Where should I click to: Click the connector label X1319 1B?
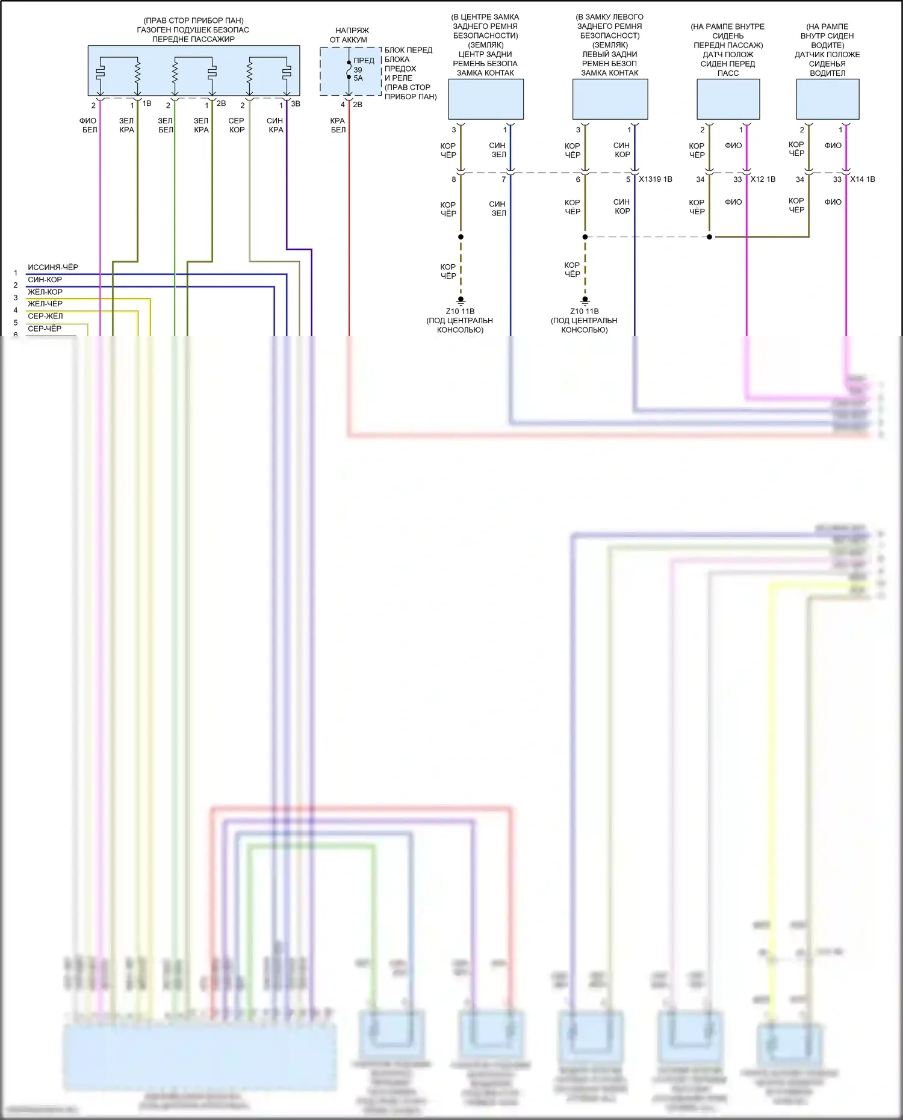click(656, 179)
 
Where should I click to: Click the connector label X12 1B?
click(763, 179)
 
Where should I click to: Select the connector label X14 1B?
click(862, 179)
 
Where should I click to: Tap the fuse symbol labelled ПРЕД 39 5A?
click(349, 70)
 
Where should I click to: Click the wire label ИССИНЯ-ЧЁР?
click(53, 267)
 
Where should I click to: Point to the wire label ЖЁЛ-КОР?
click(45, 292)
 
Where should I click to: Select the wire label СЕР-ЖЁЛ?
click(45, 316)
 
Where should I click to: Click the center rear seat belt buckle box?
click(486, 99)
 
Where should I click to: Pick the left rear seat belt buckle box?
click(610, 99)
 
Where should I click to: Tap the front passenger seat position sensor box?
click(728, 99)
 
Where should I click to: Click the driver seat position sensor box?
click(827, 99)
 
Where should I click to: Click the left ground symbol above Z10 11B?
click(461, 300)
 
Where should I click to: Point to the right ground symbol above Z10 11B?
click(585, 300)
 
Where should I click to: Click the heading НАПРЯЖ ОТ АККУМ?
click(349, 35)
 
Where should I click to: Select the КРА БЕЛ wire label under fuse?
click(338, 125)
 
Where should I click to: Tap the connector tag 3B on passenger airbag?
click(296, 104)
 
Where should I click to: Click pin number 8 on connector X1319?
click(454, 179)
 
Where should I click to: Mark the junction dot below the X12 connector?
click(709, 237)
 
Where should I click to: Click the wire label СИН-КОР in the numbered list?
click(45, 280)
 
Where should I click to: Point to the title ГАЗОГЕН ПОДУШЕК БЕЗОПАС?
click(193, 29)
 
